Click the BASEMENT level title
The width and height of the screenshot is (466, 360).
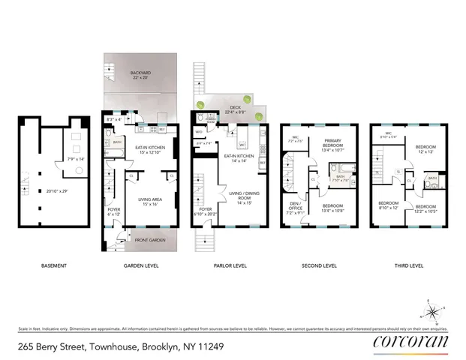pyautogui.click(x=53, y=266)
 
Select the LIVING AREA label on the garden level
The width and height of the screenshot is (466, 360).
pyautogui.click(x=148, y=202)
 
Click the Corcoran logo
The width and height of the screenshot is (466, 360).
pyautogui.click(x=410, y=342)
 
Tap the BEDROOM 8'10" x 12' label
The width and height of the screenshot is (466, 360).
pyautogui.click(x=387, y=206)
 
